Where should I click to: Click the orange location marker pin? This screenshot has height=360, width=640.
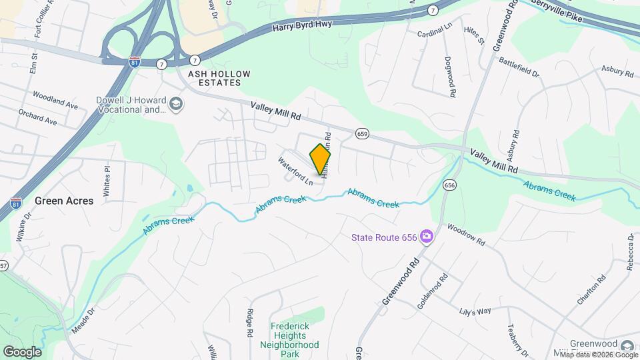point(321,159)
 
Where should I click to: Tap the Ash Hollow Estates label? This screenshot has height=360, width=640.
point(214,78)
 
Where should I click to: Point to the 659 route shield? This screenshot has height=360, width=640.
point(362,133)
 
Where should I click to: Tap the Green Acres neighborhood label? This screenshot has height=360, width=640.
point(64,200)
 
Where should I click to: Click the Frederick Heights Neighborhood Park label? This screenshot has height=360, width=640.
point(295,340)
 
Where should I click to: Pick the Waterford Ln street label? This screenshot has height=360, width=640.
point(295,171)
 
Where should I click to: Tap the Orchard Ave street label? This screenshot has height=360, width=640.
point(38,117)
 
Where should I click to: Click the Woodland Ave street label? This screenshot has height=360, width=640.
point(55,101)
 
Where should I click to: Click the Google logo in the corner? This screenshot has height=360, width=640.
point(22,351)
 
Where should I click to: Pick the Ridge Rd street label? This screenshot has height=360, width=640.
point(250,323)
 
